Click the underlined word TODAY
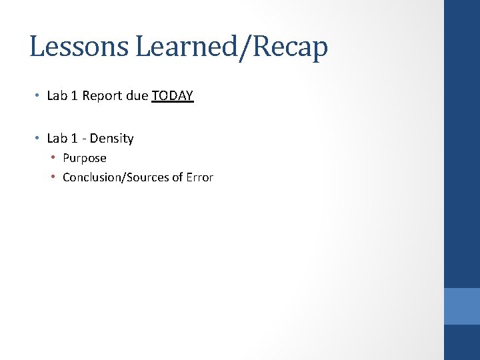tap(173, 96)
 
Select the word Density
tap(112, 139)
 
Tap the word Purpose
tap(85, 159)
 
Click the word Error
tap(200, 177)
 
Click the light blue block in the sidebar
tap(462, 306)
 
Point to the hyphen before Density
tap(84, 139)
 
